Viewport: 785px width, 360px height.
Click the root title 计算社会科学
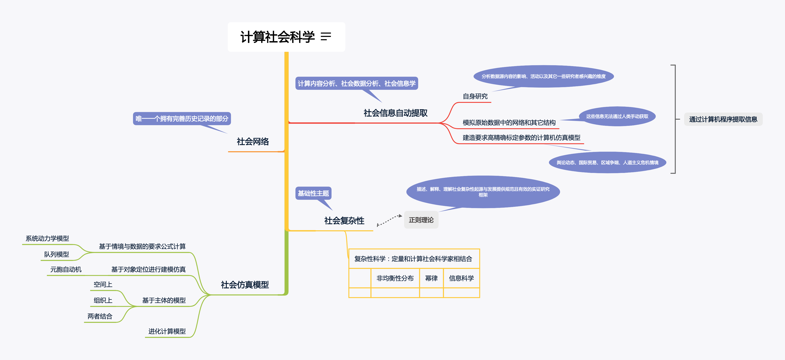(x=277, y=37)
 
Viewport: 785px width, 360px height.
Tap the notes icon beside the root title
(x=326, y=37)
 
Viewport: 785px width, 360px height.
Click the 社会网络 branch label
(x=253, y=142)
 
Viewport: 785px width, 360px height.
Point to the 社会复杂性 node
(x=344, y=221)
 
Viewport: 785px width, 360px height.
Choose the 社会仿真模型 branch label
(x=245, y=285)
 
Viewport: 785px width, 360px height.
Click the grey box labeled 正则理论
(x=421, y=220)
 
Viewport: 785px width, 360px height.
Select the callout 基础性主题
(x=313, y=193)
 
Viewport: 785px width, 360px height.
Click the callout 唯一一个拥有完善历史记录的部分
(x=182, y=119)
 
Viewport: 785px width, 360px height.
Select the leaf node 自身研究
(x=475, y=97)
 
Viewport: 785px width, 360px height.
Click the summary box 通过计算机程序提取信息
(x=723, y=119)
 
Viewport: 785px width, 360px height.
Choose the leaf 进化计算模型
(x=167, y=331)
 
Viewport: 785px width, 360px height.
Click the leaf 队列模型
(x=57, y=255)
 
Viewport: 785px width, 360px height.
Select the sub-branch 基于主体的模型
(x=164, y=301)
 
